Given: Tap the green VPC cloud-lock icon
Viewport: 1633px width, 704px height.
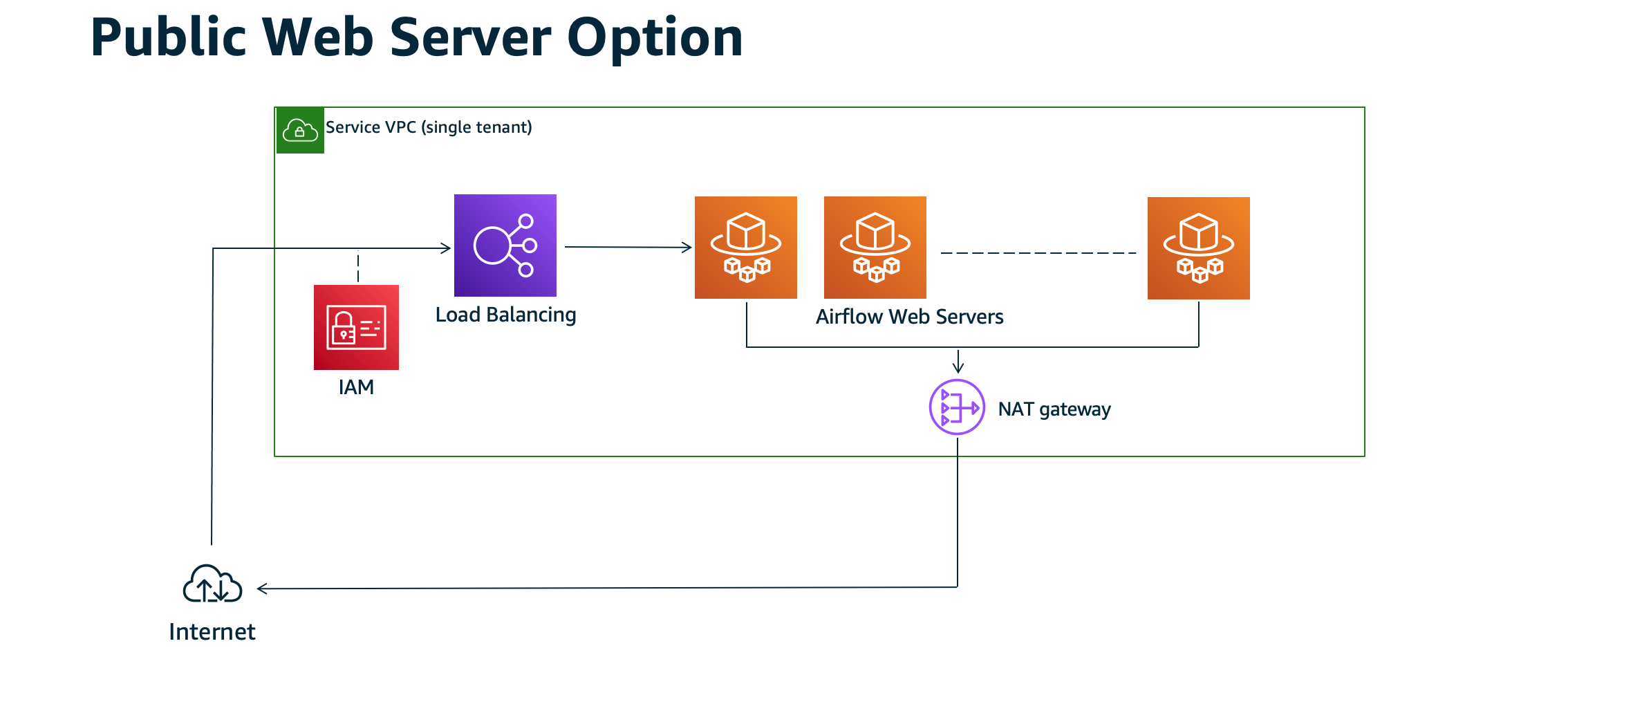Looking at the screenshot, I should coord(300,130).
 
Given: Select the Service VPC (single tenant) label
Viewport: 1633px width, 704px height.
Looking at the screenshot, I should coord(429,127).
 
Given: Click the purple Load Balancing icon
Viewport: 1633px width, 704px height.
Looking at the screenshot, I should coord(505,246).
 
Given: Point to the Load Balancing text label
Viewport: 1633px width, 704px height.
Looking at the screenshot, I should coord(505,315).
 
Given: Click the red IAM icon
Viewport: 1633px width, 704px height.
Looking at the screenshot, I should coord(356,327).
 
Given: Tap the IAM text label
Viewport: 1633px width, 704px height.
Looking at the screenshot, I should coord(356,387).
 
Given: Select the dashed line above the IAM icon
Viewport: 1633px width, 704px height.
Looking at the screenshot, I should coord(358,267).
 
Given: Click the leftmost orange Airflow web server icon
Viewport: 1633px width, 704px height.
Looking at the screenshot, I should coord(745,248).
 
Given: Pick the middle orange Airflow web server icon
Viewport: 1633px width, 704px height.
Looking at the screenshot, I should coord(875,248).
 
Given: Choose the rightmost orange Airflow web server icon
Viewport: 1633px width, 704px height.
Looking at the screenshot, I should coord(1198,248).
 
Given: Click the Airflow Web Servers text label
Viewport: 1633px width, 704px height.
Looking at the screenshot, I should coord(909,317).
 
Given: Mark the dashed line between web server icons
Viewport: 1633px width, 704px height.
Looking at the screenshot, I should coord(1037,253).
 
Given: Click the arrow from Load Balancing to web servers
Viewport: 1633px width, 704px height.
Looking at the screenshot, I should coord(628,247).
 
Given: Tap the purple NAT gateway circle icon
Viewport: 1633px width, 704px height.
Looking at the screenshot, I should coord(957,407).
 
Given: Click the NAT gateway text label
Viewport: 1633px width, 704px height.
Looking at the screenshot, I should coord(1054,409).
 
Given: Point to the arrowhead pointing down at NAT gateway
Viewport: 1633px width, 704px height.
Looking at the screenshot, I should coord(958,367).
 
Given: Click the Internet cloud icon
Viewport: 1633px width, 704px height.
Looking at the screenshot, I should coord(212,584).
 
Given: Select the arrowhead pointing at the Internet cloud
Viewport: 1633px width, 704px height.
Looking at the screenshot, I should coord(263,589).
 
